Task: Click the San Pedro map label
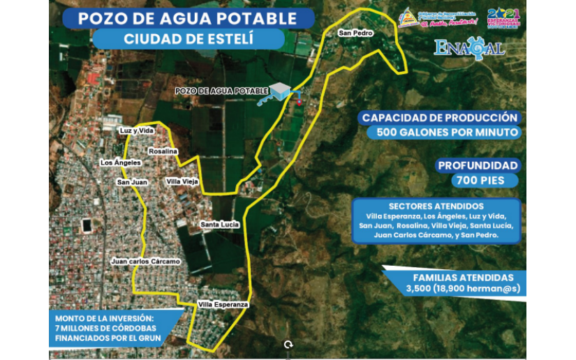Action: (x=356, y=33)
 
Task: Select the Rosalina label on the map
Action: (x=163, y=151)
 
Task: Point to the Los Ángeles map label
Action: (x=121, y=163)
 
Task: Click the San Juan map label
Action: (x=131, y=182)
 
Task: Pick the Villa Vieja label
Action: (x=181, y=181)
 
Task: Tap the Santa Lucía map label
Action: (x=220, y=225)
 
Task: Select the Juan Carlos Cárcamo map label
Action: (x=145, y=262)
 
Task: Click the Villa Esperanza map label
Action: (x=223, y=305)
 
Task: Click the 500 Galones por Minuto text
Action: (x=447, y=133)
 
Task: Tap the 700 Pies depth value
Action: (x=478, y=181)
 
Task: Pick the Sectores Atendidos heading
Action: (x=436, y=207)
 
